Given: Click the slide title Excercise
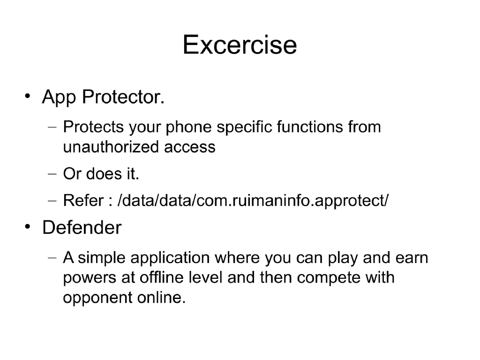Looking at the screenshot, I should pyautogui.click(x=240, y=45).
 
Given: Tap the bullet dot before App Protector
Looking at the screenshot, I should pyautogui.click(x=29, y=97).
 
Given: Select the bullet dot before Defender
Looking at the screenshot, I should pyautogui.click(x=29, y=228).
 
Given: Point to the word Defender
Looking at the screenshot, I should pyautogui.click(x=82, y=228).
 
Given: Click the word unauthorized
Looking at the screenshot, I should pyautogui.click(x=111, y=147).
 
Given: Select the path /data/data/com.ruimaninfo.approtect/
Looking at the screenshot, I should pyautogui.click(x=253, y=201).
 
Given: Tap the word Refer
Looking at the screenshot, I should pyautogui.click(x=83, y=201).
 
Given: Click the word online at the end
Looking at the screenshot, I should pyautogui.click(x=160, y=298).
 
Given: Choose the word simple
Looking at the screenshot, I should pyautogui.click(x=101, y=258).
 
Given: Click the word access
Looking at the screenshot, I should pyautogui.click(x=190, y=147).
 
